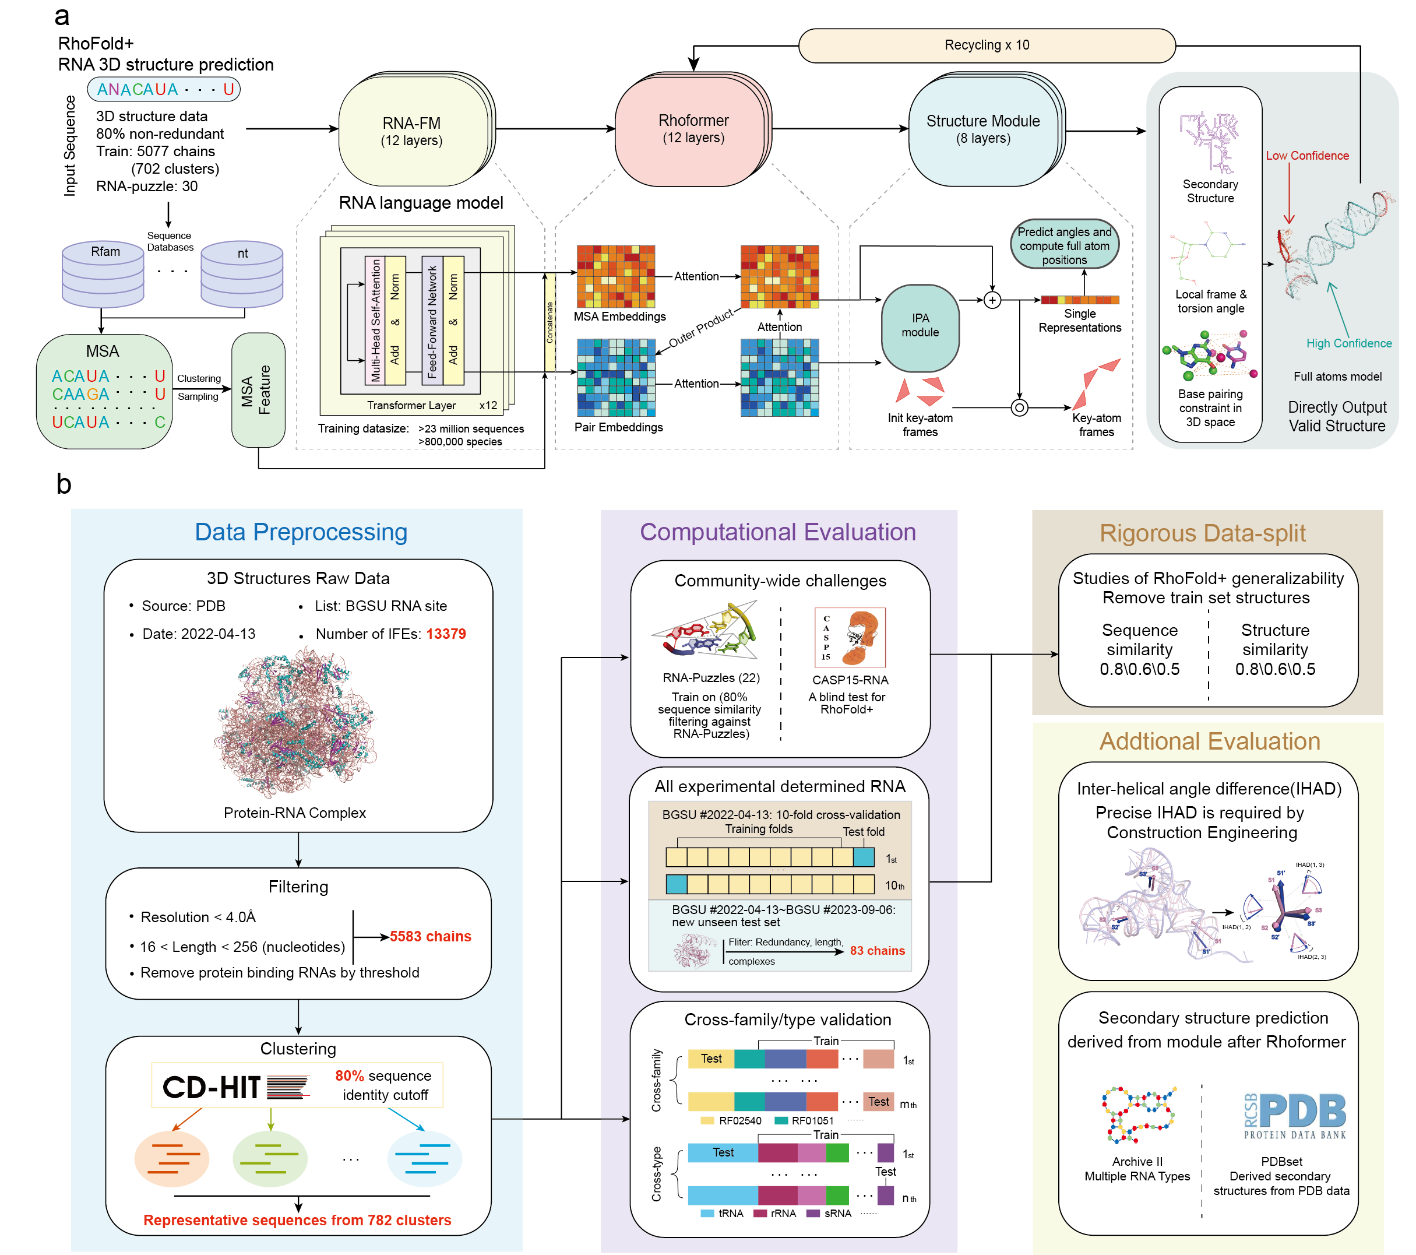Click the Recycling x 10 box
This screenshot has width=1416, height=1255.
pyautogui.click(x=987, y=45)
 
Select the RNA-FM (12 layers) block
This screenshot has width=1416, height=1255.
pyautogui.click(x=411, y=131)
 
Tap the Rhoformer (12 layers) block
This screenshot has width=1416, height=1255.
pyautogui.click(x=693, y=129)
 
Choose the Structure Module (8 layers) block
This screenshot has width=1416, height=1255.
pyautogui.click(x=983, y=129)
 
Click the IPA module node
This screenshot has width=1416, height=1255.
pyautogui.click(x=920, y=326)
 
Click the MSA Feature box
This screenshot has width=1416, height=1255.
pyautogui.click(x=258, y=389)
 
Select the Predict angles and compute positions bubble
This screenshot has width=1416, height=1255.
pyautogui.click(x=1064, y=245)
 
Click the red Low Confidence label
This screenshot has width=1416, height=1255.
pyautogui.click(x=1306, y=156)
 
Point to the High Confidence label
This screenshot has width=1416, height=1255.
pyautogui.click(x=1348, y=343)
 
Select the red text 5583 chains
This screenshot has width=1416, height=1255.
pyautogui.click(x=430, y=936)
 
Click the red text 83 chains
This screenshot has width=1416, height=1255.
pyautogui.click(x=877, y=951)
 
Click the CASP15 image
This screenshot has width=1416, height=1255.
pyautogui.click(x=850, y=637)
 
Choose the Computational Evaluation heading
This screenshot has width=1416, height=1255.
pyautogui.click(x=777, y=532)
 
